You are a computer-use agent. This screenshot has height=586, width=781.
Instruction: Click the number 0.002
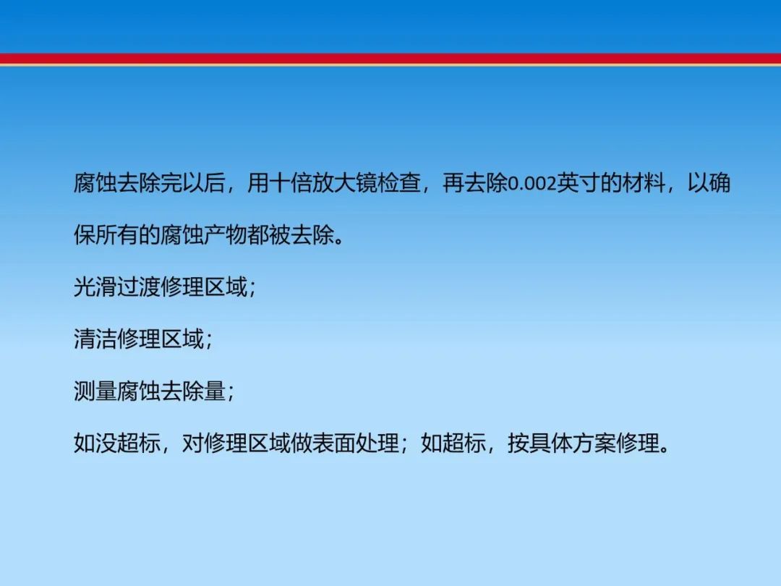532,184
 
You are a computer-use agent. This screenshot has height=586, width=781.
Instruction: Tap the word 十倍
291,183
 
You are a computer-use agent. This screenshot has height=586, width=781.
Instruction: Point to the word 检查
399,183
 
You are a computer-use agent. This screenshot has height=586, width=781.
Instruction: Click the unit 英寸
578,183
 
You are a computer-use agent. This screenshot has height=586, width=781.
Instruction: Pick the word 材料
643,183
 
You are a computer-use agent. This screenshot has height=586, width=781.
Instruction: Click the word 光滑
95,286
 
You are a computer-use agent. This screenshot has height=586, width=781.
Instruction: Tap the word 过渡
138,286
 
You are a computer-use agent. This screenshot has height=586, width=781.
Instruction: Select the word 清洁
95,339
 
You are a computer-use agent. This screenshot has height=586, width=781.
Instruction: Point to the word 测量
95,391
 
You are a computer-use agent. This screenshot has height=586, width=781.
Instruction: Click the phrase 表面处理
356,443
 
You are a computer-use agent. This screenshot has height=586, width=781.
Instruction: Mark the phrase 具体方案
573,443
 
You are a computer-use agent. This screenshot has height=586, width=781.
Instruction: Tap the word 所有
117,234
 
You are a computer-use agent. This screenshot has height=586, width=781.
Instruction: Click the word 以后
204,183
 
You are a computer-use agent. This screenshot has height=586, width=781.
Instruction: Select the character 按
518,443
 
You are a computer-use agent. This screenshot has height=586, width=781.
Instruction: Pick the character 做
302,443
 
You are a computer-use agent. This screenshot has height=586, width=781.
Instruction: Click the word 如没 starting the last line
95,443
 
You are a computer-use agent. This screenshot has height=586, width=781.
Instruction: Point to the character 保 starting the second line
85,234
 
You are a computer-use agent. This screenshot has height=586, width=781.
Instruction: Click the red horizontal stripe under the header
390,59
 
